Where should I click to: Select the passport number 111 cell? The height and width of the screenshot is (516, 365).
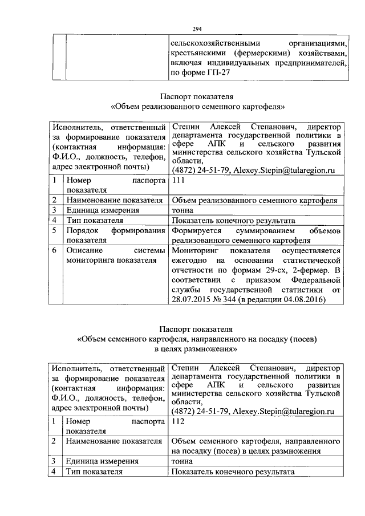point(178,180)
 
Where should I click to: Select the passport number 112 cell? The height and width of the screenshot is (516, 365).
point(178,421)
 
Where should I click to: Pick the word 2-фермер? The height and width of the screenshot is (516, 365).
point(313,270)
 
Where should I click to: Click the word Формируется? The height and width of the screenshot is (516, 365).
point(195,230)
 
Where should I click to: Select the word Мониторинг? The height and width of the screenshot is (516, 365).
point(196,250)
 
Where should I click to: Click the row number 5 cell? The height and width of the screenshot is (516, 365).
point(52,230)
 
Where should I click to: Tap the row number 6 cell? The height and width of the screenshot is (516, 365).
point(52,250)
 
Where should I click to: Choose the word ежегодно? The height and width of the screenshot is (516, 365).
point(189,261)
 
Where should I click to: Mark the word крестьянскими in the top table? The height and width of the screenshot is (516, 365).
point(198,53)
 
